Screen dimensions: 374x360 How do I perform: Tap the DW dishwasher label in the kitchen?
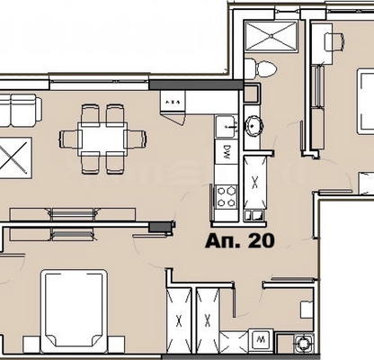click(227, 153)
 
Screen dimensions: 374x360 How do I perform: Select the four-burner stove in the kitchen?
click(227, 196)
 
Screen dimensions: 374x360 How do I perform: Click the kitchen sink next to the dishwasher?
click(227, 126)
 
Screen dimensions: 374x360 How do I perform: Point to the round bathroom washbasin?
click(254, 126)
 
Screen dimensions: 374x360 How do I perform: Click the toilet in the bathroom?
click(260, 68)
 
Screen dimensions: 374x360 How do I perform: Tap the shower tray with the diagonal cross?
click(272, 36)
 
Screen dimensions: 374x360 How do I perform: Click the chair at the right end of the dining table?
click(136, 139)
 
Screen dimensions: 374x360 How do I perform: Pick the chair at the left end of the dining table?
click(70, 139)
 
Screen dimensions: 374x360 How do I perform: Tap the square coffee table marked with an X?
click(14, 157)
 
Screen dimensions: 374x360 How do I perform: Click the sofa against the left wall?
click(20, 111)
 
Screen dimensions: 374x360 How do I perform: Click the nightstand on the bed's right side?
click(116, 345)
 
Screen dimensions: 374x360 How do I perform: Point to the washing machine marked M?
click(261, 339)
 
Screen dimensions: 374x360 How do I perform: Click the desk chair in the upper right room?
click(334, 40)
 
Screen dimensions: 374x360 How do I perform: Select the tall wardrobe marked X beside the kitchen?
click(255, 182)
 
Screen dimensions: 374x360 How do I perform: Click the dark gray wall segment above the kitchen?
click(196, 85)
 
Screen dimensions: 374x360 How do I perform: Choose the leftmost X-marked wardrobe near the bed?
click(179, 320)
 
